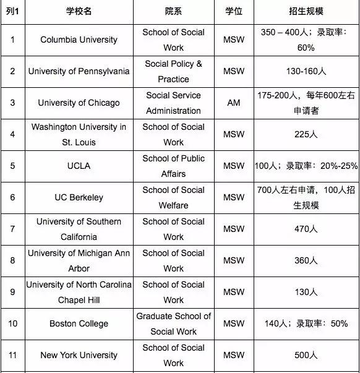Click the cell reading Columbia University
point(79,40)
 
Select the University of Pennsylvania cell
point(79,71)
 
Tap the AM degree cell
point(234,103)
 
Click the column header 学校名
point(79,12)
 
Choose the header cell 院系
point(173,12)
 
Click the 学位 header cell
point(234,12)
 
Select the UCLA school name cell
point(79,166)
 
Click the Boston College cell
point(79,324)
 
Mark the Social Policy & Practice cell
point(173,71)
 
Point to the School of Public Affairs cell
point(173,166)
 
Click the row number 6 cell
point(13,197)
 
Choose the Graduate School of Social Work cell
point(173,324)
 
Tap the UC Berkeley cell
point(79,197)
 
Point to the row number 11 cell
point(13,355)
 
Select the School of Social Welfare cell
point(173,197)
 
